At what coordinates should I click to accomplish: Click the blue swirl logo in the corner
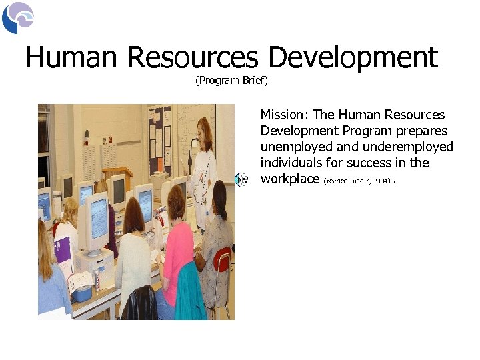click(x=17, y=17)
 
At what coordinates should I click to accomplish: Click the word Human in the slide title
click(x=73, y=58)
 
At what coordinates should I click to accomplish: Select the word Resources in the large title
click(x=193, y=58)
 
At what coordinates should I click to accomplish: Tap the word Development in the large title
click(x=353, y=58)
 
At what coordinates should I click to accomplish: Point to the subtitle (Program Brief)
click(x=231, y=81)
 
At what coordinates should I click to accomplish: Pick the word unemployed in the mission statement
click(x=291, y=147)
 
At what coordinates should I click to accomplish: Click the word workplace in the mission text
click(x=290, y=179)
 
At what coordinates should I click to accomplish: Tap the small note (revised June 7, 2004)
click(x=357, y=181)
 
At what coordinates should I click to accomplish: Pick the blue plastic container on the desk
click(x=81, y=293)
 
